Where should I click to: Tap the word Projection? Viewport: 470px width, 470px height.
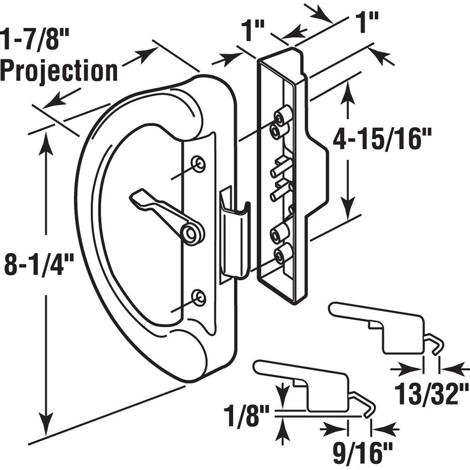(x=59, y=71)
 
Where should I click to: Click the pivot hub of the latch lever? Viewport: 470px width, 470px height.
(x=192, y=233)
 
